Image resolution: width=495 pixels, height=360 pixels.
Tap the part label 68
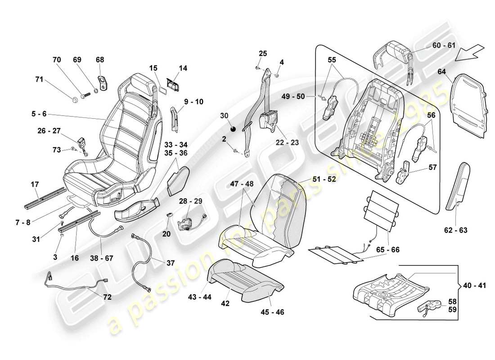(x=99, y=59)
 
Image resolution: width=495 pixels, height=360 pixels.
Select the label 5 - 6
(x=39, y=115)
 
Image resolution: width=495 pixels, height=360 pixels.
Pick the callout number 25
(x=263, y=54)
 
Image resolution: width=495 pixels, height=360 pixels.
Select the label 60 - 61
(x=444, y=46)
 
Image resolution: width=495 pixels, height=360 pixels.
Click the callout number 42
(x=225, y=303)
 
